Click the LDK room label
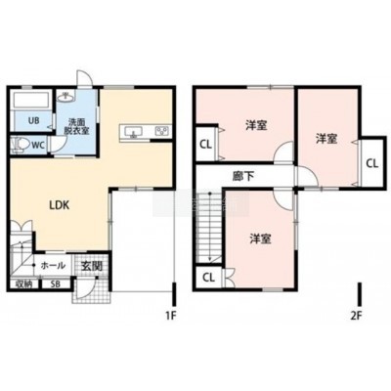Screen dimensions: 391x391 [x=59, y=205]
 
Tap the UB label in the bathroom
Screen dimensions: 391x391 [x=33, y=121]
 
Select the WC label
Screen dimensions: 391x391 [x=38, y=146]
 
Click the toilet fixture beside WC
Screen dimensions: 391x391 [x=19, y=145]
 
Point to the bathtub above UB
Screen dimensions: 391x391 [x=31, y=100]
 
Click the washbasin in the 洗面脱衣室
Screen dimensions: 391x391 [x=65, y=96]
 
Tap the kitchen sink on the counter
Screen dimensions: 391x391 [x=133, y=132]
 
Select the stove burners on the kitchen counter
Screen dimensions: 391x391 [x=162, y=131]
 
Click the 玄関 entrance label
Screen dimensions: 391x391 [x=92, y=266]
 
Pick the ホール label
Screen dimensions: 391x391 [x=53, y=266]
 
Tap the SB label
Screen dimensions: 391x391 [x=56, y=283]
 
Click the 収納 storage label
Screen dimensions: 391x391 [x=24, y=283]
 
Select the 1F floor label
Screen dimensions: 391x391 [x=171, y=316]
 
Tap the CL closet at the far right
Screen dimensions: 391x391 [x=372, y=162]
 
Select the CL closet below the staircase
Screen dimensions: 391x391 [x=209, y=278]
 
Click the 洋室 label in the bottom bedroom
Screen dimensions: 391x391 [x=261, y=239]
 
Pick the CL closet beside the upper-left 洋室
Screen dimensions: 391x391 [x=206, y=144]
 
